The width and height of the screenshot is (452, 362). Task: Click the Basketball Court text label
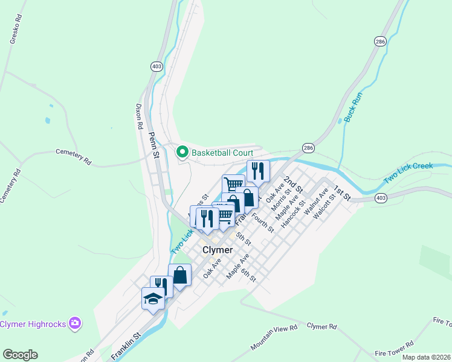point(222,153)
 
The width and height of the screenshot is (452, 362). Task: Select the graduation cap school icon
point(153,299)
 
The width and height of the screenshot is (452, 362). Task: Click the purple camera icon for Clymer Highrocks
point(75,324)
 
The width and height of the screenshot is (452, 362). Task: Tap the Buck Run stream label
point(352,108)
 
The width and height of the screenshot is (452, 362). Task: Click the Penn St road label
point(153,145)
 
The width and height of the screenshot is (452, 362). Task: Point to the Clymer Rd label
point(321,326)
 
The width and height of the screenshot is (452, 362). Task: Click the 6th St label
point(249,275)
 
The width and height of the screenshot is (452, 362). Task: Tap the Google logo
point(20,355)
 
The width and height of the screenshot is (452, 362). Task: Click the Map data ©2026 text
point(426,357)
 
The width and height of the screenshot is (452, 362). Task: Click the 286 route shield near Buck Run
point(379,42)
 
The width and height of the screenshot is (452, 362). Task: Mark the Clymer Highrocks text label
point(33,324)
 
